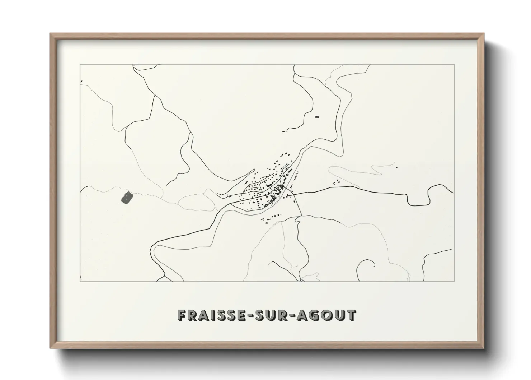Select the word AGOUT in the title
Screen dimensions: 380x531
pos(327,315)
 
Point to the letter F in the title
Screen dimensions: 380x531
pos(182,315)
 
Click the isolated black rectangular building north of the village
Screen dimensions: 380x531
pos(317,116)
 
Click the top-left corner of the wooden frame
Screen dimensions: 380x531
pos(50,34)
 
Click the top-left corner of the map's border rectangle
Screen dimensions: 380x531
pos(80,65)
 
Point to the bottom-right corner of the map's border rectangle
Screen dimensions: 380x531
pos(454,282)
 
